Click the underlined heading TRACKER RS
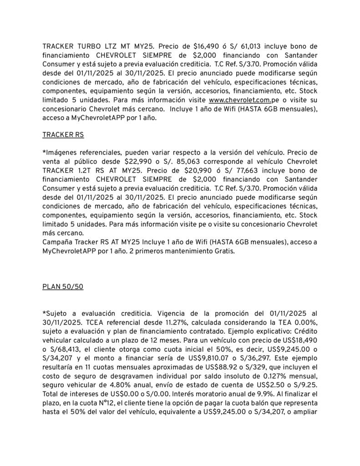click(63, 135)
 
